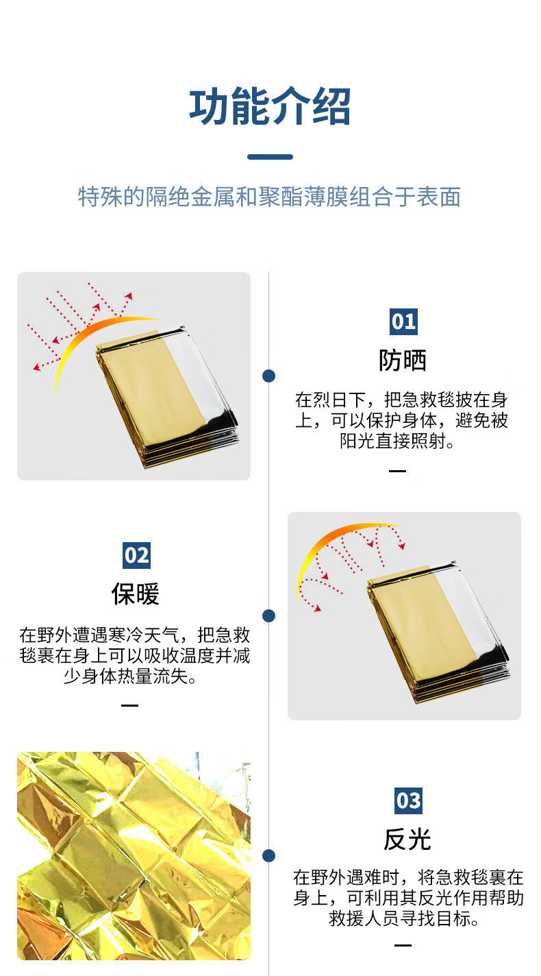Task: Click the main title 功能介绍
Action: click(270, 106)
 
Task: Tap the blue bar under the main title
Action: click(270, 157)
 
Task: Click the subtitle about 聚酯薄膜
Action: click(269, 197)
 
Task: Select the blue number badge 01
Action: click(403, 321)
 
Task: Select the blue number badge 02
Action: click(137, 555)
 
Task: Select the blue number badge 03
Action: click(408, 801)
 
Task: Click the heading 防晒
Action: click(403, 361)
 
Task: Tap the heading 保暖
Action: click(136, 594)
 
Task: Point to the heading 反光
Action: click(407, 839)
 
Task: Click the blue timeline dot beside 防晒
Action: click(269, 376)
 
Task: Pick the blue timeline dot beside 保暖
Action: click(269, 615)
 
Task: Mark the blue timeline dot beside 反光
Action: click(269, 855)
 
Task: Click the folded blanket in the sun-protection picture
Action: click(168, 396)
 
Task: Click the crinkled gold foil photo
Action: click(134, 856)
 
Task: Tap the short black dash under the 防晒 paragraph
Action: click(397, 471)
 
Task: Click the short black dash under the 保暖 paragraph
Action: click(129, 705)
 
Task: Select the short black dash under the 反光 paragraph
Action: click(403, 945)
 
